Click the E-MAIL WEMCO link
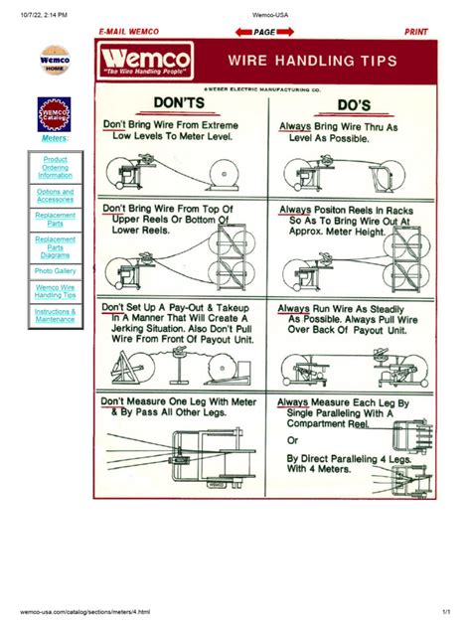point(128,32)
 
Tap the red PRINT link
point(415,32)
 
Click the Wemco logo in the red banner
point(145,64)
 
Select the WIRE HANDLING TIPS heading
point(313,62)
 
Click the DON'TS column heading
point(179,102)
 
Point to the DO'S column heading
point(353,104)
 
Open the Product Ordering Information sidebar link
point(55,167)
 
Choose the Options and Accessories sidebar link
point(55,195)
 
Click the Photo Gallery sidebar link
point(55,270)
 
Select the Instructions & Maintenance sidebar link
point(55,315)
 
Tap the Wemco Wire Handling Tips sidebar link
point(55,291)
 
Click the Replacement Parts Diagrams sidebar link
point(55,246)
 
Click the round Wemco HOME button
point(54,61)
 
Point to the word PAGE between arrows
point(264,32)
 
